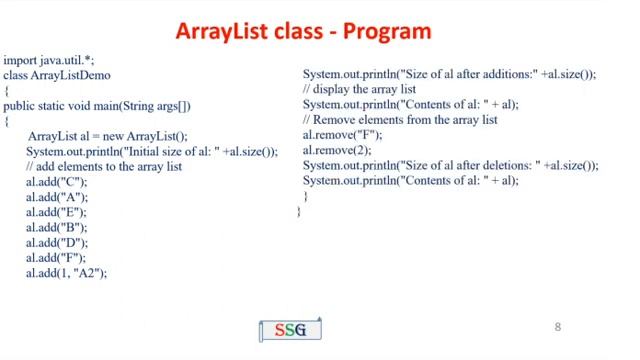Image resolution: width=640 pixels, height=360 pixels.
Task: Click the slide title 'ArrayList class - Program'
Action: pyautogui.click(x=303, y=31)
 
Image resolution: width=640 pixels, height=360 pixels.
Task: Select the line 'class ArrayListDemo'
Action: pyautogui.click(x=57, y=75)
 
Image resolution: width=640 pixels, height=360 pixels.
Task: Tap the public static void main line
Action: pyautogui.click(x=97, y=106)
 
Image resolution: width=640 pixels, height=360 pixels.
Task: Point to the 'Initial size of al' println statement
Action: pyautogui.click(x=152, y=151)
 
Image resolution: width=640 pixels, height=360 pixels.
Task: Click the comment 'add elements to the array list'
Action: pyautogui.click(x=104, y=166)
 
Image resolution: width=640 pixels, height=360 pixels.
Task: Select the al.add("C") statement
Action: pyautogui.click(x=57, y=182)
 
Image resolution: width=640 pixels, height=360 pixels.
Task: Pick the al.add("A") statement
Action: pyautogui.click(x=57, y=197)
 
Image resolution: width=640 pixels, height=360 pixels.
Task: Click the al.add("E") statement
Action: pyautogui.click(x=57, y=212)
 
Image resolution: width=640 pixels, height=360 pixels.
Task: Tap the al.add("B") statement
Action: pyautogui.click(x=57, y=227)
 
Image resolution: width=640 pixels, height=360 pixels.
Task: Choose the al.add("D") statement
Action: pyautogui.click(x=57, y=242)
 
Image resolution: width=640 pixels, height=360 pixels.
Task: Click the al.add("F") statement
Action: pyautogui.click(x=57, y=257)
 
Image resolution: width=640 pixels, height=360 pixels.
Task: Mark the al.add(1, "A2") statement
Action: pyautogui.click(x=66, y=272)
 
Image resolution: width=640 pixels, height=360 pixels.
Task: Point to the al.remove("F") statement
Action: pyautogui.click(x=342, y=135)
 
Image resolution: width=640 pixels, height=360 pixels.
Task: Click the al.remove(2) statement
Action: pyautogui.click(x=332, y=150)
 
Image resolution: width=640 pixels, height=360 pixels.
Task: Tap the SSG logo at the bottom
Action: pyautogui.click(x=290, y=330)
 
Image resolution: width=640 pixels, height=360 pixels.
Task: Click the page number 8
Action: pyautogui.click(x=558, y=327)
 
